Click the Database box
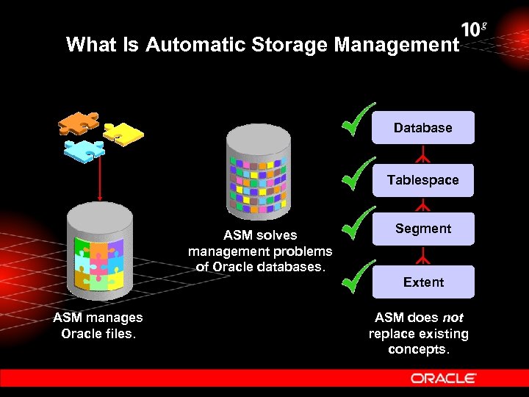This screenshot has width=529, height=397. pos(422,127)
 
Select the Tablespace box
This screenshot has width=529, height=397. pos(422,180)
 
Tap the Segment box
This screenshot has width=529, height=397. pos(422,229)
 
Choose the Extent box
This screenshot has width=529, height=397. pos(423,282)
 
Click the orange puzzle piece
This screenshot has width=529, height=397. pos(78,123)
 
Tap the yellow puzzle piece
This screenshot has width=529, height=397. pos(123,134)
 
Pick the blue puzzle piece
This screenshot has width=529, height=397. pos(84,149)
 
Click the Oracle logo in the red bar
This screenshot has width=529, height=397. pos(444,378)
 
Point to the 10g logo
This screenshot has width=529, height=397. pos(474,29)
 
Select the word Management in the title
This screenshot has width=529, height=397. pos(397,45)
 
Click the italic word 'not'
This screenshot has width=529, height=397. pos(452,318)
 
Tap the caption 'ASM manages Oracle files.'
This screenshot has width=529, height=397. pos(98,325)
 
